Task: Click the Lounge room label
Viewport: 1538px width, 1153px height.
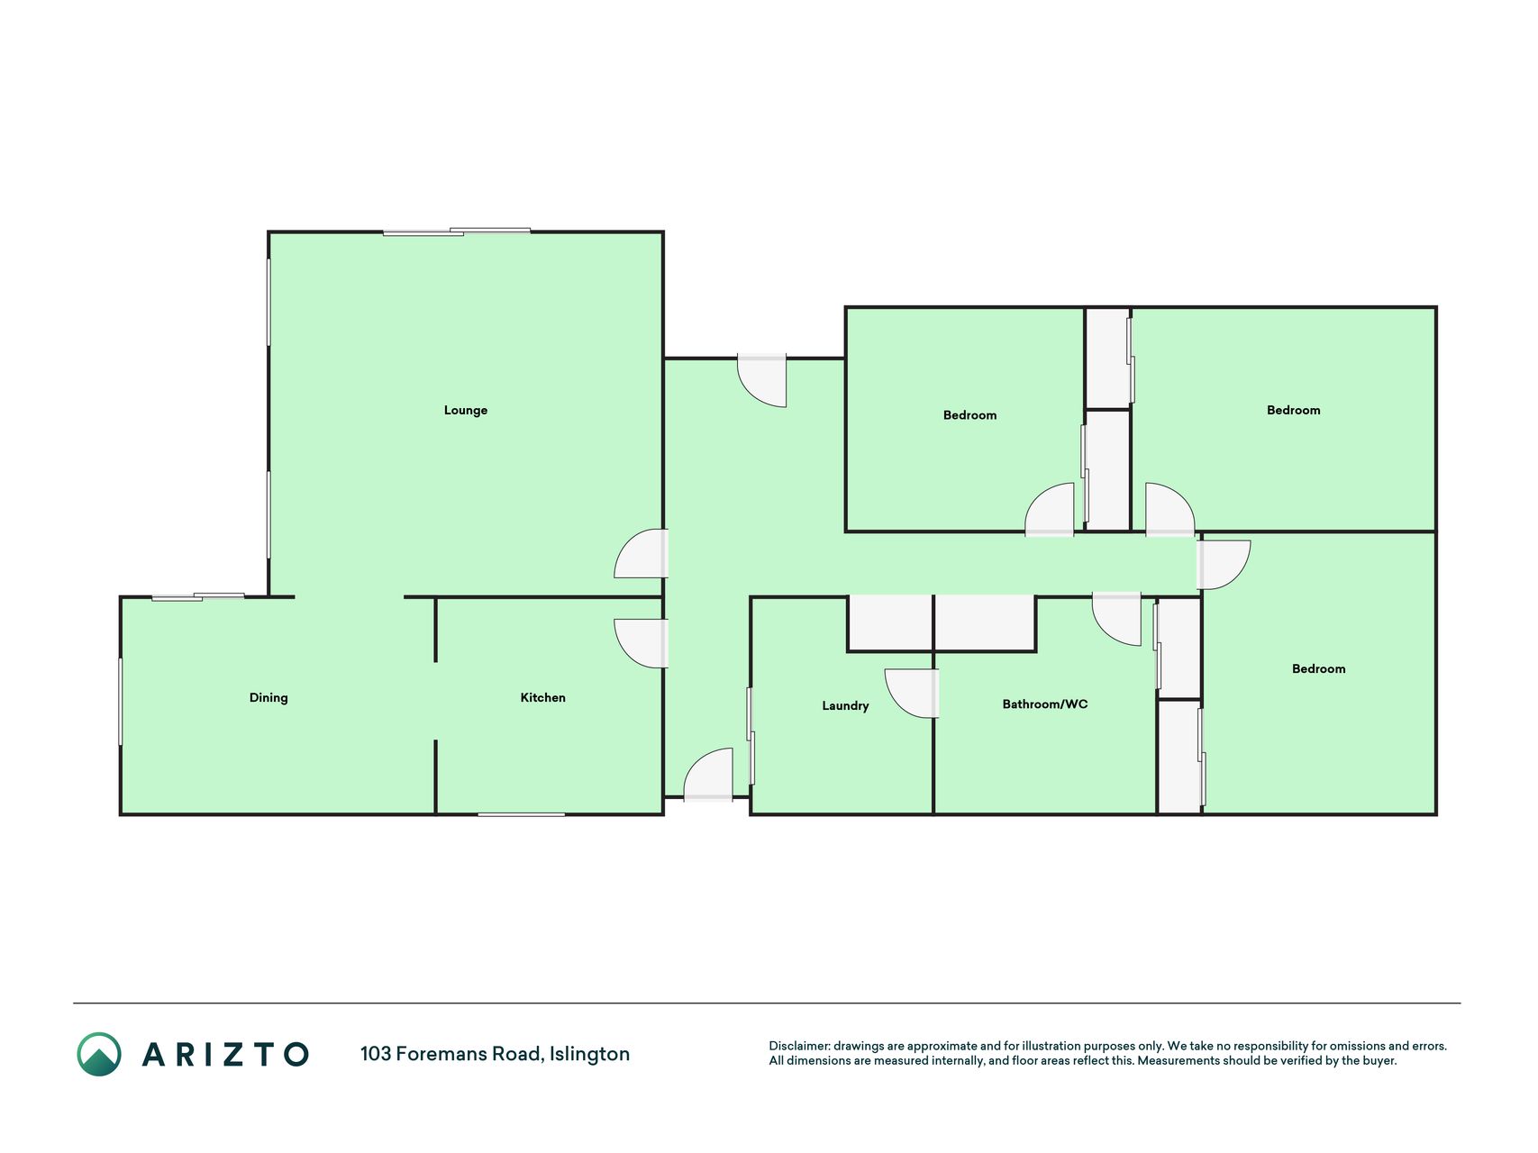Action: pyautogui.click(x=465, y=411)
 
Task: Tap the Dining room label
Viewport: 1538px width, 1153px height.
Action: pyautogui.click(x=268, y=698)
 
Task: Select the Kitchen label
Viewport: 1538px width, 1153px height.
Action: pyautogui.click(x=542, y=697)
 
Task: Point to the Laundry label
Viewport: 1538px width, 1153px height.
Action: pyautogui.click(x=845, y=706)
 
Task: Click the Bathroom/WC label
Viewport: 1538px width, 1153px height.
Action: pyautogui.click(x=1045, y=704)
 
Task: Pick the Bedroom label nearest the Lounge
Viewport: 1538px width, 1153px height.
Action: pyautogui.click(x=969, y=415)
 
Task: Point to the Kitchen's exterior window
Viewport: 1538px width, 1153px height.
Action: pyautogui.click(x=521, y=814)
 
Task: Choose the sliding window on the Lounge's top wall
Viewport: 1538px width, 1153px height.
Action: pyautogui.click(x=457, y=232)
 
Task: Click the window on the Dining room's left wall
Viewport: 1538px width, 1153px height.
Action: pyautogui.click(x=121, y=702)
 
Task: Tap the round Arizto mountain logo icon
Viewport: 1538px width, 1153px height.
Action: pyautogui.click(x=99, y=1054)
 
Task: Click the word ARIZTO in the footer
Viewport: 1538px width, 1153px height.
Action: pyautogui.click(x=225, y=1054)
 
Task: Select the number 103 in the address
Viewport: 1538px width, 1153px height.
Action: pyautogui.click(x=376, y=1054)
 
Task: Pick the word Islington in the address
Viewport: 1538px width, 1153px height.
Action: pyautogui.click(x=590, y=1054)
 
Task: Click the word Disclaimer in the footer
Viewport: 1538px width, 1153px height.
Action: pyautogui.click(x=799, y=1046)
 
